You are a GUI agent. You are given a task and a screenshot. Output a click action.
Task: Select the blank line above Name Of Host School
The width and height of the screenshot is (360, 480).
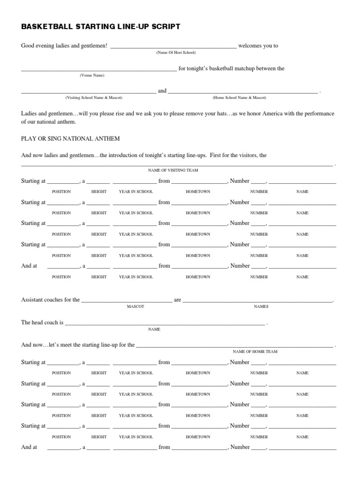173,47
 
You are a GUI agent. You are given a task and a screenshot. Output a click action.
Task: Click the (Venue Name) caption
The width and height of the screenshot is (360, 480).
92,75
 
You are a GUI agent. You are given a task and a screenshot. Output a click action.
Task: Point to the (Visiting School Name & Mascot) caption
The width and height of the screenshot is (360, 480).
94,97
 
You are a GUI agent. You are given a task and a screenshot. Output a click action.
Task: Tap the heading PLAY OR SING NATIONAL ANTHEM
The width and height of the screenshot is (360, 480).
70,139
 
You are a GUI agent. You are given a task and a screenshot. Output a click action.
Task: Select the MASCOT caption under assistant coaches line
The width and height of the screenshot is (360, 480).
135,307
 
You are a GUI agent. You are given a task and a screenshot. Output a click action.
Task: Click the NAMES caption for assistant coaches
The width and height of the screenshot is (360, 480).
261,307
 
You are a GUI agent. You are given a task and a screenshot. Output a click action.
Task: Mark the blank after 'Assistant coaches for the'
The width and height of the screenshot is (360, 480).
127,301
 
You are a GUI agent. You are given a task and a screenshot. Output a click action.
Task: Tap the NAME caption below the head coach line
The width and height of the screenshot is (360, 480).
154,330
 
